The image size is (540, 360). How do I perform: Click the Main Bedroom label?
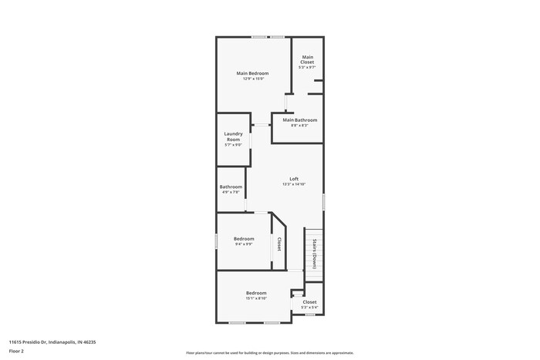tap(252, 73)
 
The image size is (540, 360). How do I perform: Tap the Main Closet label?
tap(308, 59)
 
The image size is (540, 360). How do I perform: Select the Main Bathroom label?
tap(299, 120)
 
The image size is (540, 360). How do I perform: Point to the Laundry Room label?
tap(233, 136)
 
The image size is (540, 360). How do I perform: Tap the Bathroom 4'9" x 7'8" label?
tap(231, 187)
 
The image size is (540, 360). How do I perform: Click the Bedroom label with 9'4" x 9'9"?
tap(244, 239)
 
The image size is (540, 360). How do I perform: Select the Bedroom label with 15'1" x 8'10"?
tap(256, 293)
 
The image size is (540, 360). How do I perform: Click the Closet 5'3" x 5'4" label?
tap(309, 302)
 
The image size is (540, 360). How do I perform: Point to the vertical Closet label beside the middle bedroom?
tap(278, 244)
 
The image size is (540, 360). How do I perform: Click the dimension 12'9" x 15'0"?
tap(253, 79)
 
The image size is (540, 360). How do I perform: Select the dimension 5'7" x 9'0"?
tap(233, 145)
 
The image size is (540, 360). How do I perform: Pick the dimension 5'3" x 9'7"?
tap(308, 68)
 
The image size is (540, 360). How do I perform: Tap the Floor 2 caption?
tap(16, 352)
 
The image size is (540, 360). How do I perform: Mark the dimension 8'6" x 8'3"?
tap(299, 126)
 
